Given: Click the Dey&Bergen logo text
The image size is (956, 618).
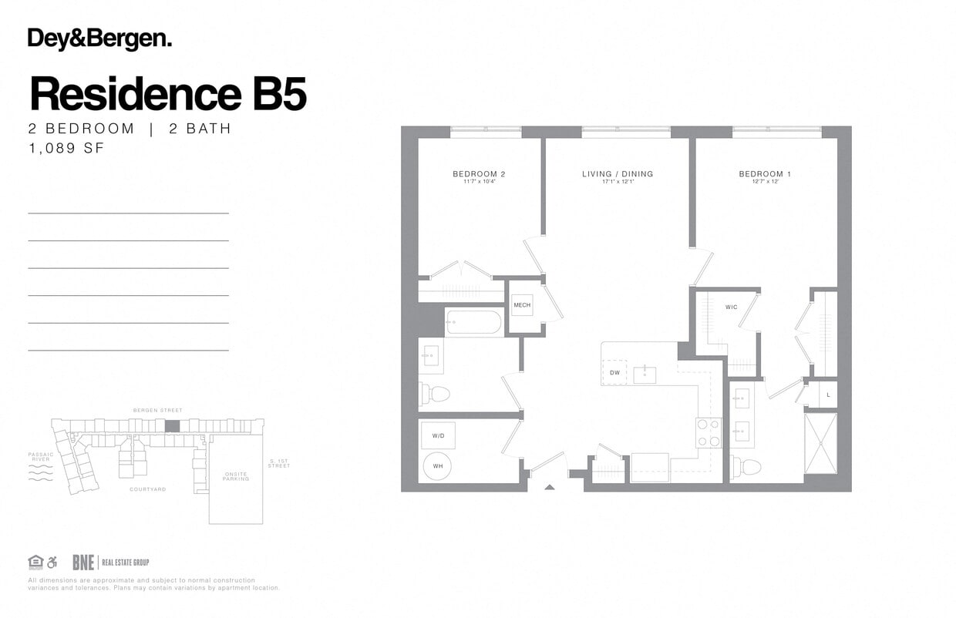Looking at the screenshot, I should point(99,39).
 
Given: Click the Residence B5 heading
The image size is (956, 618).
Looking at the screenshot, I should point(167,94).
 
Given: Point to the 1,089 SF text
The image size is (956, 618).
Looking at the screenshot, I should point(66,149).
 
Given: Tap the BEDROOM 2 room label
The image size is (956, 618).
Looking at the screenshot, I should point(479,174).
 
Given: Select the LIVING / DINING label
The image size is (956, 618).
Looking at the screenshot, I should point(617,174).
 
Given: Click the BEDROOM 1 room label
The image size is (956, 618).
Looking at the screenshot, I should point(765,174).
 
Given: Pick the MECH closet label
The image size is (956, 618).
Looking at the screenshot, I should point(522,306).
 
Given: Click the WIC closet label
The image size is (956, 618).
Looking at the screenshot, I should point(731,307).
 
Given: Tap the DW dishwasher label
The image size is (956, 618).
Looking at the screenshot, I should point(614,374).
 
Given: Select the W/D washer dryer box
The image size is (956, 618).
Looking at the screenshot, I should point(438,436).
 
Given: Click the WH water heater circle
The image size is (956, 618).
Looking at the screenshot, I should point(438,466).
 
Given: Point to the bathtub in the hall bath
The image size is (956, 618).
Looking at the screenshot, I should point(474,322).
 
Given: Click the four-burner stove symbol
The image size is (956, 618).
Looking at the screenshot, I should point(709,432).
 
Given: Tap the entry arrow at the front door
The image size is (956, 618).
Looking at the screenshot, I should point(549,486).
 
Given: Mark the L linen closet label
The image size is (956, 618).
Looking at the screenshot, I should point(828,395).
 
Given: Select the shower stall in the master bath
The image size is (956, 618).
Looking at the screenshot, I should point(820,443).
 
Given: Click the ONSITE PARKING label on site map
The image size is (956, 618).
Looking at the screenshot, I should point(235,477).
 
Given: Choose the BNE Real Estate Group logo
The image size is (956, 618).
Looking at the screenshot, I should point(110,563).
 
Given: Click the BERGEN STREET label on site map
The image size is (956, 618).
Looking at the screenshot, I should point(158,411).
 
